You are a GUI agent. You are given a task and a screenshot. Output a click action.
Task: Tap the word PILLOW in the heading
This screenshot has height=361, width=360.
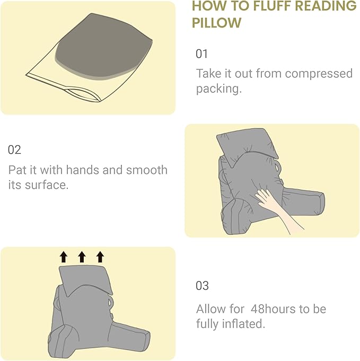point(216,23)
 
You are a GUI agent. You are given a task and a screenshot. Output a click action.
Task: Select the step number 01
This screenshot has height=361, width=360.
point(202,54)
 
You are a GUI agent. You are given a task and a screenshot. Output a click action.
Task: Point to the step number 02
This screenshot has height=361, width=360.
point(14,149)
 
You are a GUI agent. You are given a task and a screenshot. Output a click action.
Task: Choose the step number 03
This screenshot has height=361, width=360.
point(202,286)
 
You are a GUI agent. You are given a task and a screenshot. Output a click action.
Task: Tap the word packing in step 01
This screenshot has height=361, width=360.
point(217,89)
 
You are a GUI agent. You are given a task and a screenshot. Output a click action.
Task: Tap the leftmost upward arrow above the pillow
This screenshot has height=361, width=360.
point(64,257)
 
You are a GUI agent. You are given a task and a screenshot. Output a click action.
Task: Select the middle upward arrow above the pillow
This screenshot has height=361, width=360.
point(82,257)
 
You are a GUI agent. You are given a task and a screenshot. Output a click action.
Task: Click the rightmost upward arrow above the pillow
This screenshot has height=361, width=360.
point(100,257)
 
